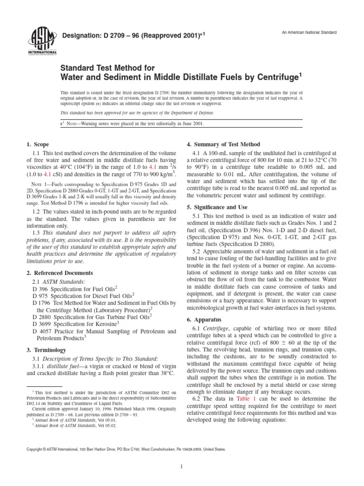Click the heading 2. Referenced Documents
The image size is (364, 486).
(x=59, y=273)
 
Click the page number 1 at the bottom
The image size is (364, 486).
(x=182, y=467)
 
